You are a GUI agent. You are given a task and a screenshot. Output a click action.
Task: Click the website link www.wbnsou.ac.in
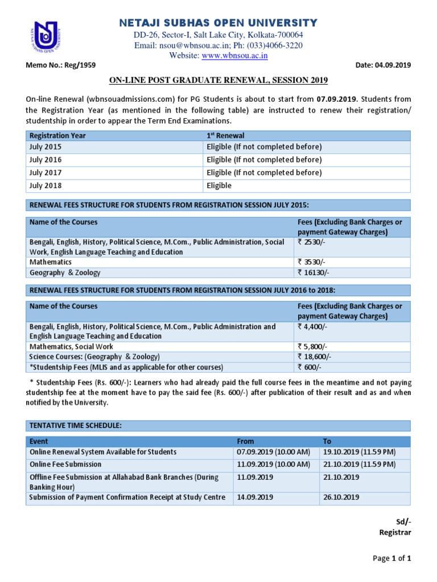[235, 56]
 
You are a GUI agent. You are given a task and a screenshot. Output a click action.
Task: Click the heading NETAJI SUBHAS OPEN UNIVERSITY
[218, 23]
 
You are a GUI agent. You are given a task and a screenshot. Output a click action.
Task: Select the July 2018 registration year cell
[46, 185]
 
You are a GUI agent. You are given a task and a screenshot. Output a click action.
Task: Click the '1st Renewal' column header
[225, 136]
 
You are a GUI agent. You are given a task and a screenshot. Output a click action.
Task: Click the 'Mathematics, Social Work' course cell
[71, 346]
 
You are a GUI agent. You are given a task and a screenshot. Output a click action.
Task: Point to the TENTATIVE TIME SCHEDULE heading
[75, 426]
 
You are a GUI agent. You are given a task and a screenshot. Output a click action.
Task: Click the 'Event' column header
[39, 441]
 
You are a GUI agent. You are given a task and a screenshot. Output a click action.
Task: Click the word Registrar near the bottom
[394, 533]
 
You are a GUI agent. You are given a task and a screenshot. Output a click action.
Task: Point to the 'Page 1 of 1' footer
[391, 558]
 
